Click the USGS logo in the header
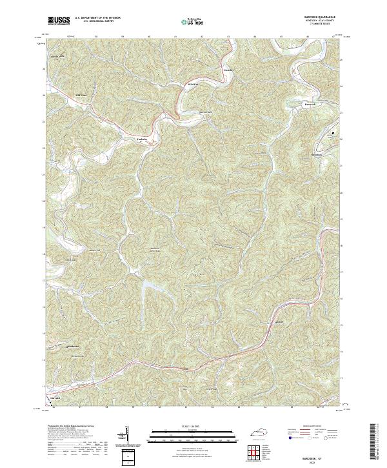(x=59, y=21)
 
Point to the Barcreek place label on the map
(x=312, y=103)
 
